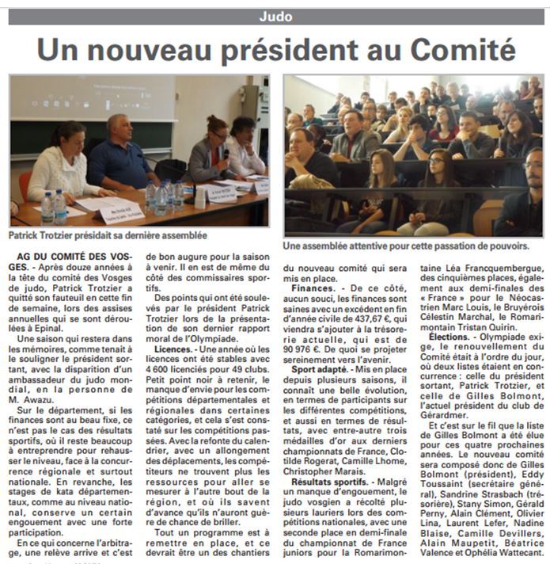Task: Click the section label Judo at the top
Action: (x=275, y=16)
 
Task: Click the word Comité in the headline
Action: (x=457, y=50)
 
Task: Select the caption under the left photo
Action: (x=108, y=235)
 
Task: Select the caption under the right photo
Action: (x=406, y=246)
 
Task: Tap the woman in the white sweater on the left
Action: (x=65, y=166)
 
